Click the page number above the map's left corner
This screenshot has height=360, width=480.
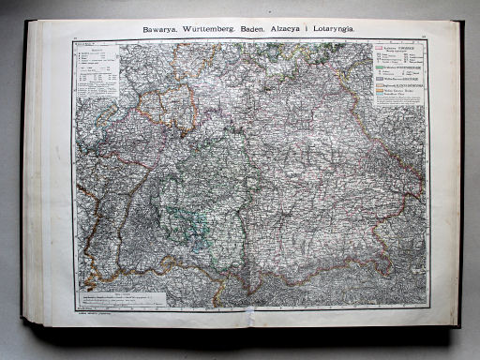(x=75, y=37)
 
